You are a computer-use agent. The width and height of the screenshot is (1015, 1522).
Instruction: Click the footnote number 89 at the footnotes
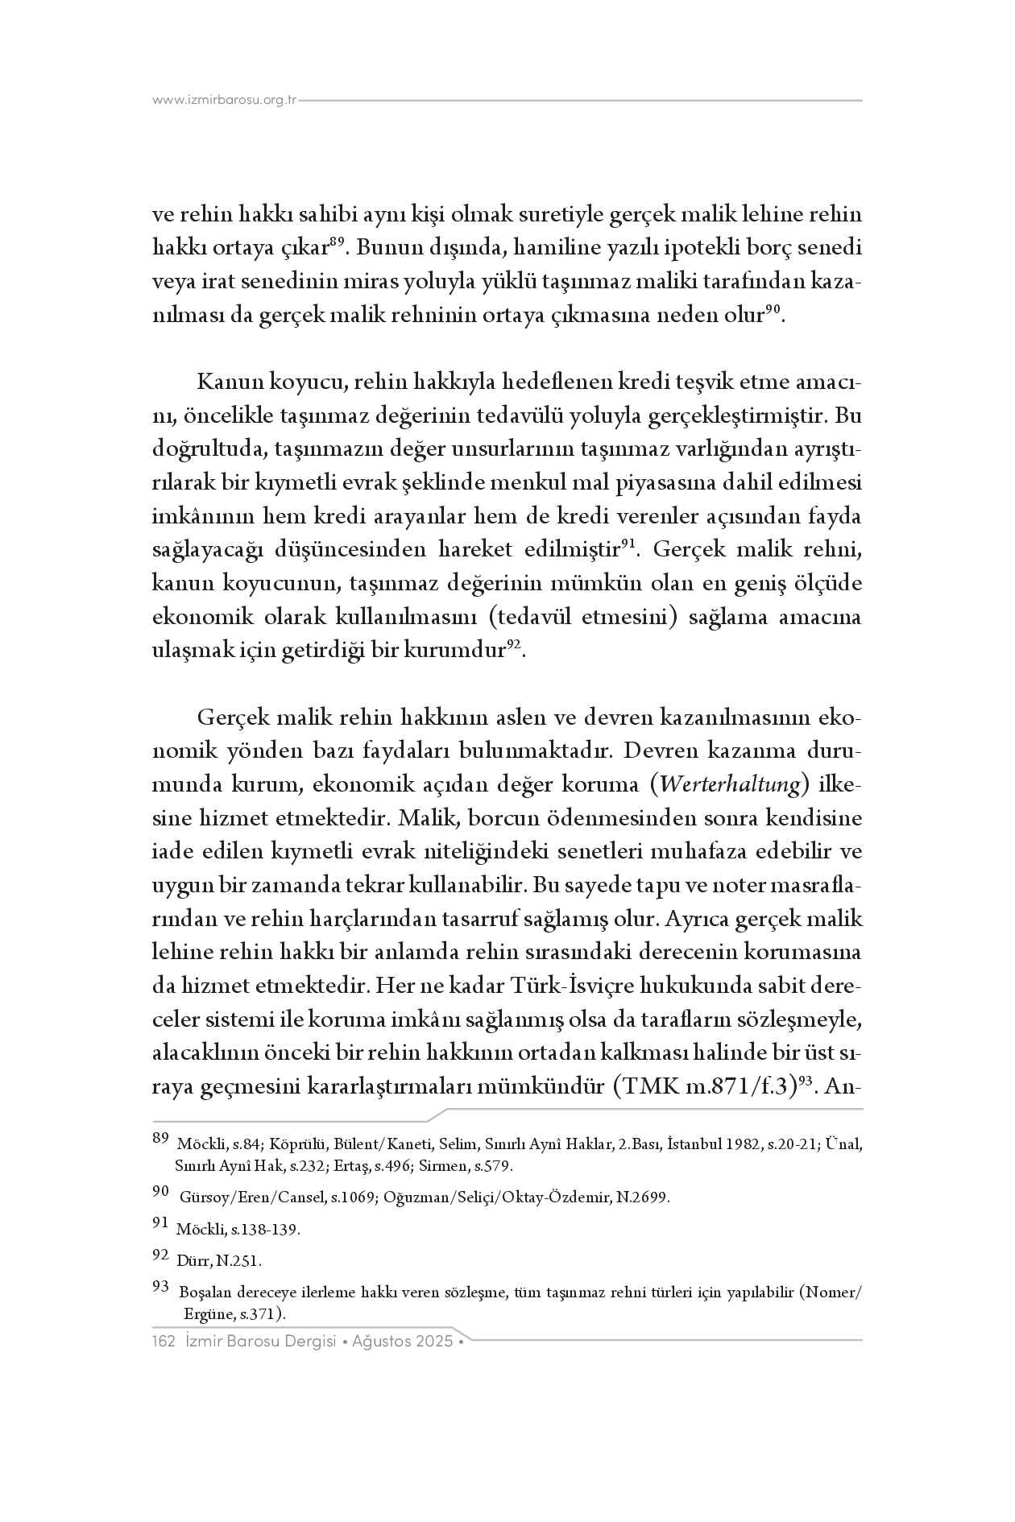click(159, 1139)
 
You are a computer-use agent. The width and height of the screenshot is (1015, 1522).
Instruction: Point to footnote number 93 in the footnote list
click(159, 1288)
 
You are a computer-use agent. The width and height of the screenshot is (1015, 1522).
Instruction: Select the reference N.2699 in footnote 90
click(643, 1198)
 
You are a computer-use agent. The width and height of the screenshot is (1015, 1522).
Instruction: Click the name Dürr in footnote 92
click(190, 1261)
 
